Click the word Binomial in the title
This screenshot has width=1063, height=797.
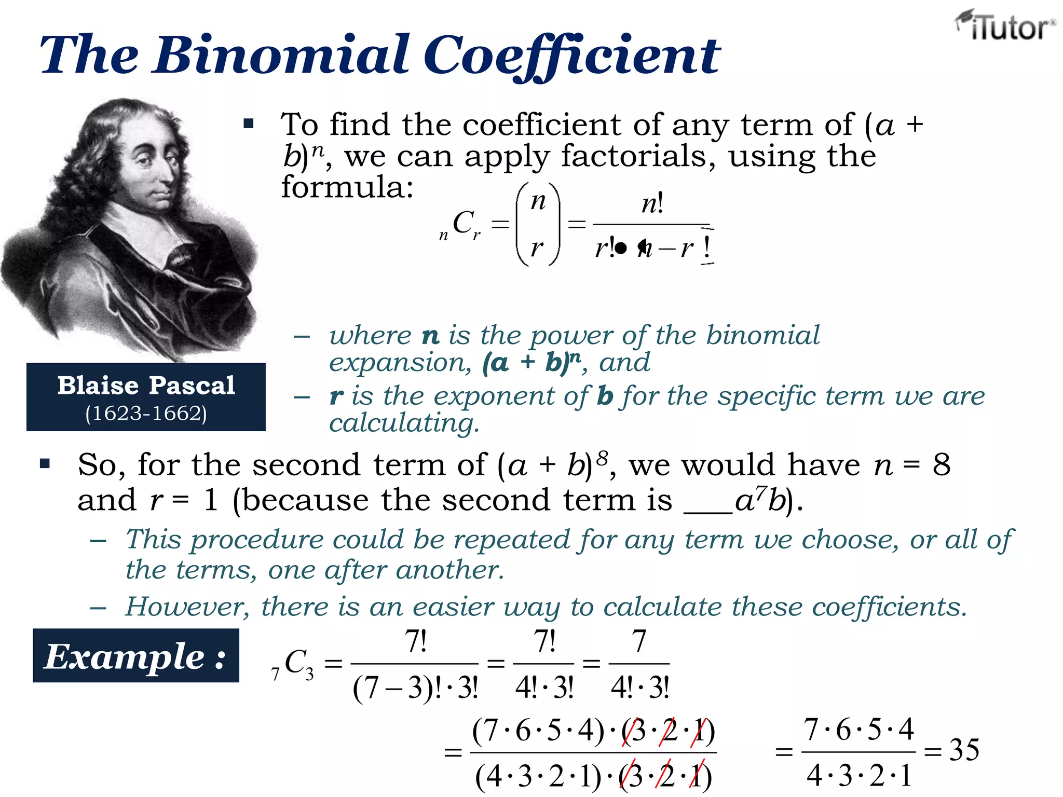[283, 54]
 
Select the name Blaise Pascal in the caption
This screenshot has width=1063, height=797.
[146, 386]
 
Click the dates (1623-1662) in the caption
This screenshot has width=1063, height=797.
[146, 414]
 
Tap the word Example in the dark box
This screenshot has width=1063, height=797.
[125, 657]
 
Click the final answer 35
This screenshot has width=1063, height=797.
[964, 750]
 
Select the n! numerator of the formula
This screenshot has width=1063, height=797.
[652, 203]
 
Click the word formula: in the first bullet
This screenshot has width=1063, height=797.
[347, 187]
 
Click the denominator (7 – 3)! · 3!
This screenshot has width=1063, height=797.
[415, 689]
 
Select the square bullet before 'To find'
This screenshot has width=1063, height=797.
[249, 123]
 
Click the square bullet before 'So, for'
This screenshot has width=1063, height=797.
[45, 463]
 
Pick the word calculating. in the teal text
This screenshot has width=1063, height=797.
[404, 423]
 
